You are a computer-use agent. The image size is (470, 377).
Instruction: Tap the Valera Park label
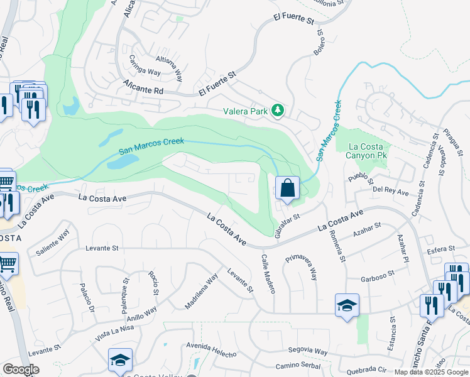tap(246, 111)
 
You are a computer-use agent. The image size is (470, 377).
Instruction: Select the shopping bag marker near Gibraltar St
tap(287, 188)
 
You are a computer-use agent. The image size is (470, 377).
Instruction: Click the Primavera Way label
tap(301, 266)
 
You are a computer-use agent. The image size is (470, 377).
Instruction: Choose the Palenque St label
tap(124, 298)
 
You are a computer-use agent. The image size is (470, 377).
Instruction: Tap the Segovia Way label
tap(308, 352)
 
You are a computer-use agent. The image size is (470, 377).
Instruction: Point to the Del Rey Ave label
tap(391, 190)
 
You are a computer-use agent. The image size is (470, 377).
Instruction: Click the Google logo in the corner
tap(21, 369)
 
